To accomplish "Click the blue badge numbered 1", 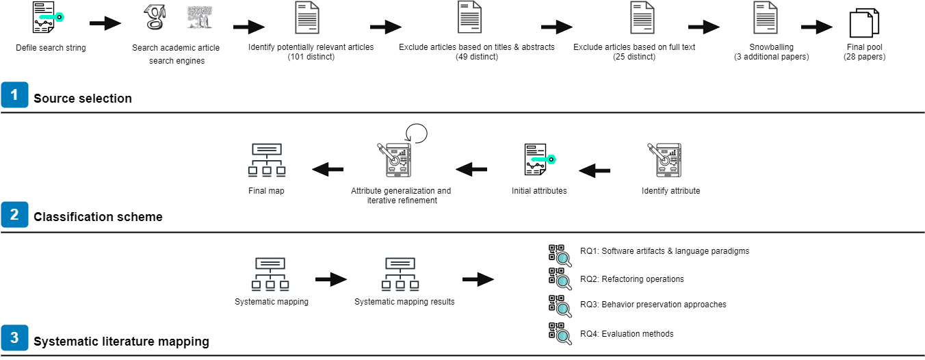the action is [x=14, y=94].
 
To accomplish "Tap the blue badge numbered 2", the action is [x=14, y=214].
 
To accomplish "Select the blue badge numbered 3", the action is [x=14, y=337].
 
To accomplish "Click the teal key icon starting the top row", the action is [x=51, y=17].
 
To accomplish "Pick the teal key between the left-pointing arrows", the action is [x=543, y=159].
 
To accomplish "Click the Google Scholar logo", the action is [x=155, y=18].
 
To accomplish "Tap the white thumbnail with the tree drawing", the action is [x=200, y=18].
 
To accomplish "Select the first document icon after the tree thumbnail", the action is [x=307, y=18].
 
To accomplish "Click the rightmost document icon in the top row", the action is [x=766, y=18].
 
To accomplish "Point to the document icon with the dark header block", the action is [x=469, y=17].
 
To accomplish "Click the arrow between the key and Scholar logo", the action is [x=105, y=23].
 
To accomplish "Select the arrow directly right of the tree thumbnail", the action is [x=248, y=27].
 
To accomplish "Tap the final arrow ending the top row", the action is [x=816, y=27].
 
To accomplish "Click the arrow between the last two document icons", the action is [x=703, y=27].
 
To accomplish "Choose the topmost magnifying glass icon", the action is [x=564, y=259].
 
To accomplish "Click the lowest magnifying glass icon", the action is [x=564, y=337].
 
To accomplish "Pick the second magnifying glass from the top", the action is [x=564, y=282].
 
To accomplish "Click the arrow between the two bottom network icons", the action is [x=330, y=279].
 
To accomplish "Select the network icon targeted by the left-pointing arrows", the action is [x=267, y=160].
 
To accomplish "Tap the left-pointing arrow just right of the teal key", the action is [x=595, y=170].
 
